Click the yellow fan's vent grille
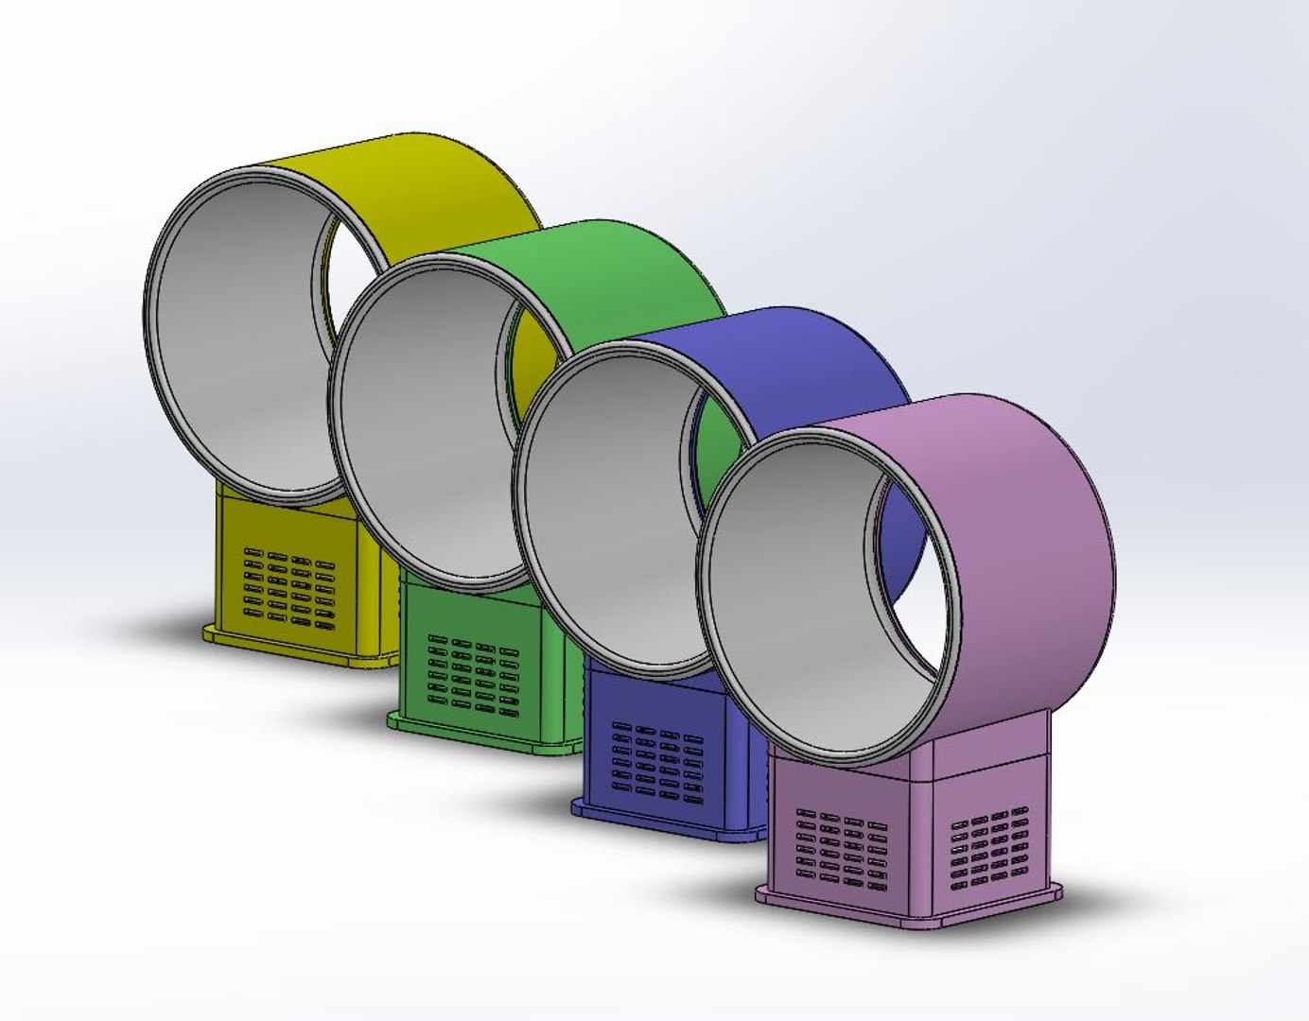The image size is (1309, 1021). coord(289,587)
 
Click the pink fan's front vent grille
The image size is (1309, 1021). coord(841,850)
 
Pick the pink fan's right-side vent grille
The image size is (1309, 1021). coord(989,850)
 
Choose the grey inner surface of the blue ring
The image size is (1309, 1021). coord(605,529)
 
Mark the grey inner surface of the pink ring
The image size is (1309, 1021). coord(794,624)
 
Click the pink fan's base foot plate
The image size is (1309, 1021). coord(851,908)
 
